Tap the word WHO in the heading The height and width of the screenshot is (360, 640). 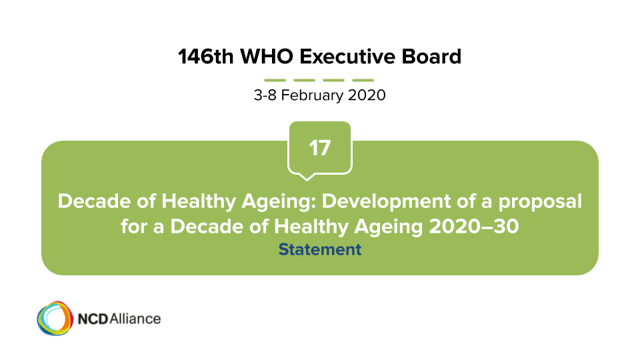(267, 56)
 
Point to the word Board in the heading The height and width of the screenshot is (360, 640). (431, 56)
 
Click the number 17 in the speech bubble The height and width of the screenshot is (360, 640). (319, 148)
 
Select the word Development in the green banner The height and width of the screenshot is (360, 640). (386, 201)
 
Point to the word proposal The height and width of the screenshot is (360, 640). (540, 201)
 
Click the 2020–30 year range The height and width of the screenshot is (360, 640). (474, 226)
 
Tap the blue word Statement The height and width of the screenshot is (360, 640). (319, 249)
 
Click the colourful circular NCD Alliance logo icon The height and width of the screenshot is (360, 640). (55, 319)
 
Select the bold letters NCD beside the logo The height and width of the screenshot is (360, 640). (93, 319)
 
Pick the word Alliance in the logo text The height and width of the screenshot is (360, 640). (135, 319)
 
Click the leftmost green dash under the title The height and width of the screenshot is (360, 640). (275, 80)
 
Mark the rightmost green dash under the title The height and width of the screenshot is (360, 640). (363, 80)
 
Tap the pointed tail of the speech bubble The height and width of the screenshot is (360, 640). (307, 178)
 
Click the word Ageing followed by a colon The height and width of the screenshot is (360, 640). (279, 201)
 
